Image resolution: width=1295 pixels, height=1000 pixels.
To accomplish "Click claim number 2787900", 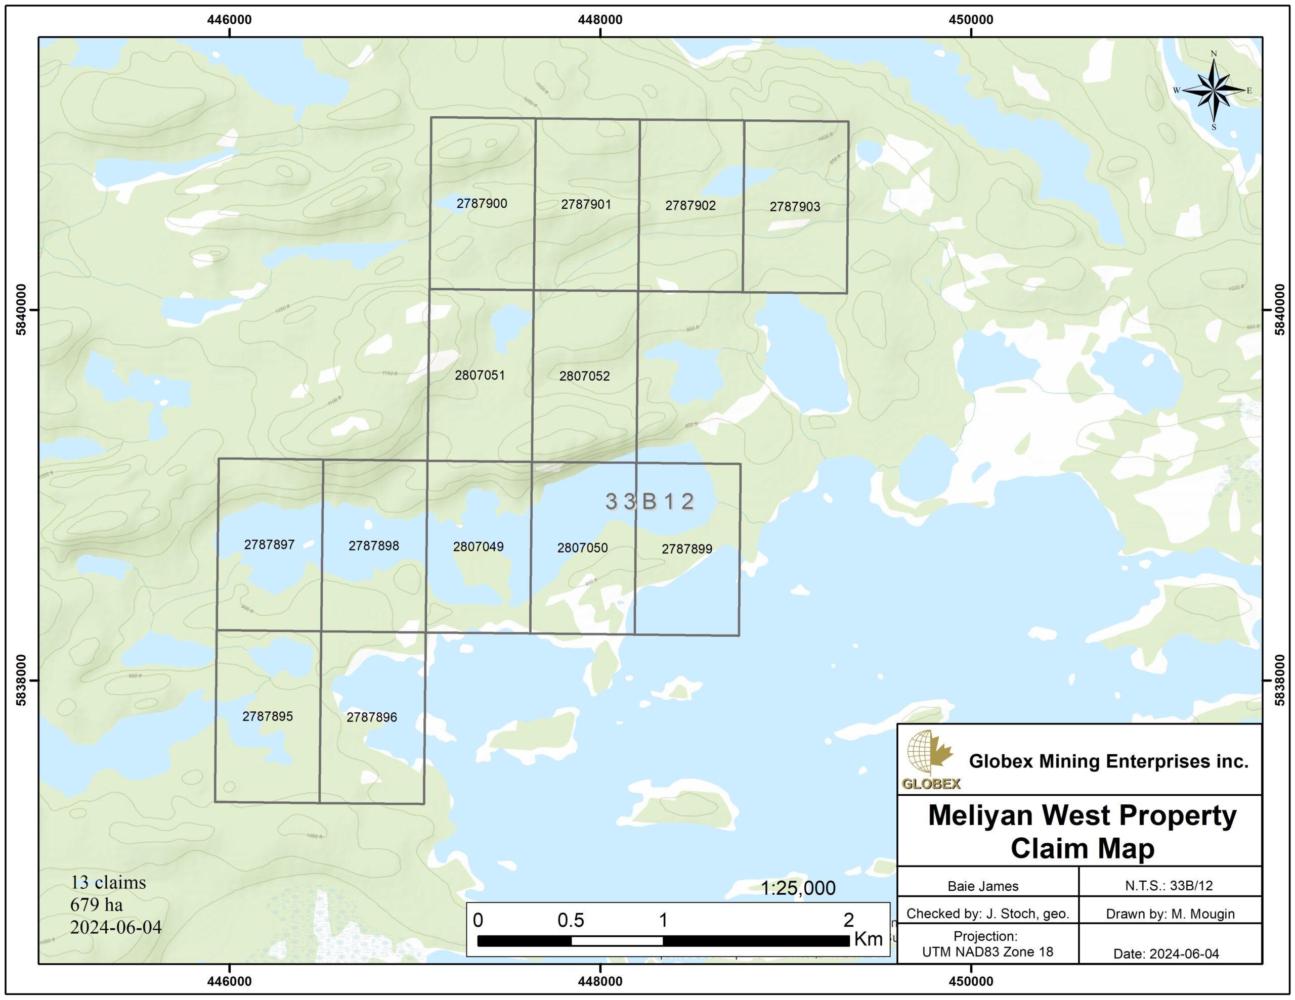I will click(x=482, y=203).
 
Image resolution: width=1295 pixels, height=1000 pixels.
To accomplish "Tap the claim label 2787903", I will click(x=795, y=206).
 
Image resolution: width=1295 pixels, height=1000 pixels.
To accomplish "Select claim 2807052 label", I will click(x=584, y=376).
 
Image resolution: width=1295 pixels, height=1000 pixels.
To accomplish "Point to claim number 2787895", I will click(x=268, y=716).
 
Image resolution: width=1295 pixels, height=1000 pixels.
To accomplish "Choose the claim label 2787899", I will click(x=686, y=549).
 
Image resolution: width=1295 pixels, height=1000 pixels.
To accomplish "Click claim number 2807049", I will click(x=478, y=547).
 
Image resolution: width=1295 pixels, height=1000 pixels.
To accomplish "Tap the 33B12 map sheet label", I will click(x=650, y=502).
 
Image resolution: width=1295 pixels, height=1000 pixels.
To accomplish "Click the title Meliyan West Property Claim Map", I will click(x=1082, y=831).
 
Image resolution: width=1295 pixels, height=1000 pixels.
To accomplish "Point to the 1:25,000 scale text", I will click(x=798, y=888).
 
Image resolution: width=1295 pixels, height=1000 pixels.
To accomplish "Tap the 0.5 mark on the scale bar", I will click(x=571, y=920).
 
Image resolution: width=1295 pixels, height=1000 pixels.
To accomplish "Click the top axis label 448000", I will click(x=600, y=20).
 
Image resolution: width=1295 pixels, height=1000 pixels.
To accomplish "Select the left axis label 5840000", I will click(x=21, y=310).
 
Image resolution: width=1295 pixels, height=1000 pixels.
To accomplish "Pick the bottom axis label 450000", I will click(x=971, y=981).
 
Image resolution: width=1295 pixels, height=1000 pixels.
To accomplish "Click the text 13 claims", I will click(x=108, y=882).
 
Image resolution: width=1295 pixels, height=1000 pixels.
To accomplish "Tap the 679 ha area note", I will click(x=96, y=904).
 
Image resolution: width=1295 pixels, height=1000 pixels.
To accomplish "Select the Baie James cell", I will click(x=982, y=886).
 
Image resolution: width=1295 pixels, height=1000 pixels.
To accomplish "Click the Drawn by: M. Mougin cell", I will click(x=1170, y=914).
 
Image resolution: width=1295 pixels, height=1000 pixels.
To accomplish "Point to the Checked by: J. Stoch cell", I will click(x=987, y=914).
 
